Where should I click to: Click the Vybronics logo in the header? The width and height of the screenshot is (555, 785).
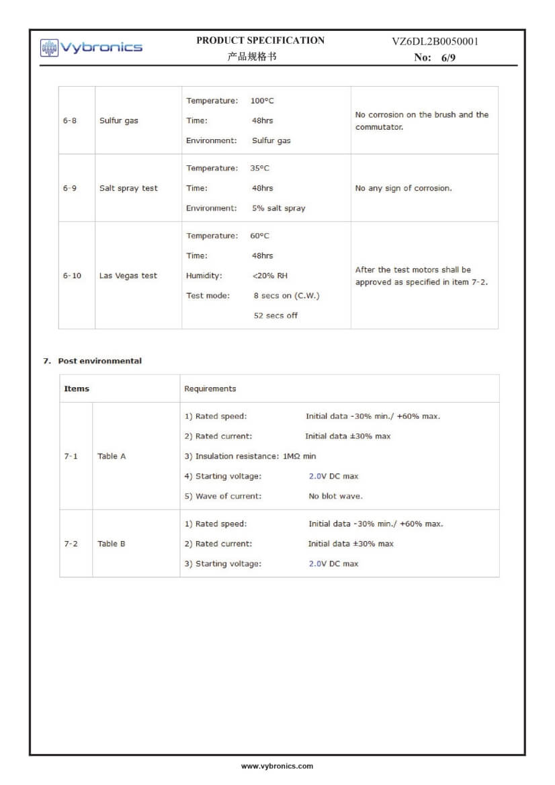[x=91, y=48]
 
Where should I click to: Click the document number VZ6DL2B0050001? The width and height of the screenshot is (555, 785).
[x=435, y=42]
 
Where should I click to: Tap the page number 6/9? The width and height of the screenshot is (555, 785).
[x=448, y=58]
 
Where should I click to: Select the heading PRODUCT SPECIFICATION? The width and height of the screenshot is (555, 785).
[x=260, y=40]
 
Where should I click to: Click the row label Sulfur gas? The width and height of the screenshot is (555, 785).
[x=118, y=121]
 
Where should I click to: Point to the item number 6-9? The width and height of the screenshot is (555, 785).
[x=70, y=188]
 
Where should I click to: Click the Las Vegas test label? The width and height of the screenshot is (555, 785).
[x=128, y=276]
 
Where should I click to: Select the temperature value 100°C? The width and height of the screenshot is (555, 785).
[x=262, y=101]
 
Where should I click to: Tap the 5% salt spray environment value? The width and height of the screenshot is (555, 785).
[x=278, y=208]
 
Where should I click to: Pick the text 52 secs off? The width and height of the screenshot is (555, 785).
[x=275, y=316]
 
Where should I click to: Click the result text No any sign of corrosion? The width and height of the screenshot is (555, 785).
[x=403, y=188]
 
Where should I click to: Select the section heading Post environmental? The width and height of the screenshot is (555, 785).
[x=99, y=361]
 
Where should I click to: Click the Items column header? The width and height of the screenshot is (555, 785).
[x=77, y=388]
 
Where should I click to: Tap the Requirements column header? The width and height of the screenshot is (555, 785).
[x=210, y=388]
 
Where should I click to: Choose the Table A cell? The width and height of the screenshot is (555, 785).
[x=112, y=456]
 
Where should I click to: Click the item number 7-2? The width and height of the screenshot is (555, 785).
[x=71, y=544]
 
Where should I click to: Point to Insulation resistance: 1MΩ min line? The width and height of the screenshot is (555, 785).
[x=250, y=456]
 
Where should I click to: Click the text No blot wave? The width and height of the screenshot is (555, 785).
[x=335, y=496]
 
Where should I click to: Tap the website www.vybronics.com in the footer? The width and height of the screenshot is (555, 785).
[x=277, y=766]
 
